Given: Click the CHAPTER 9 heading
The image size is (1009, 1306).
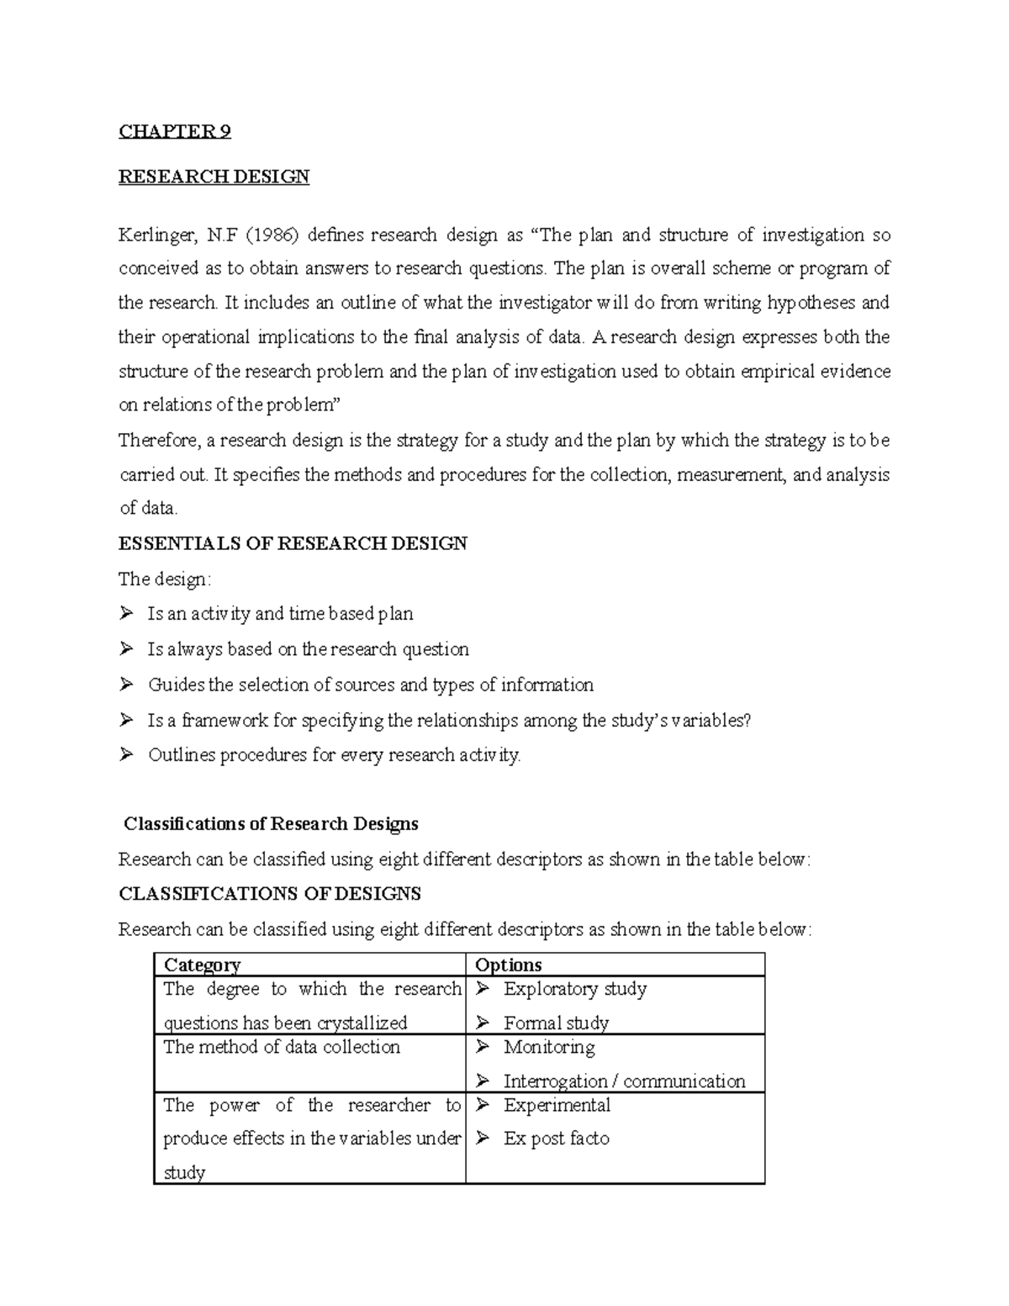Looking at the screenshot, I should click(x=174, y=131).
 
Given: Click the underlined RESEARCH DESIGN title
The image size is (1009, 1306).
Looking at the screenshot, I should click(x=214, y=177).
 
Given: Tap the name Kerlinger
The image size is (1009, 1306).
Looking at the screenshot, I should click(x=156, y=235).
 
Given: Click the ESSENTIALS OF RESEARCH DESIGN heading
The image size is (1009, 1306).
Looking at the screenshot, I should click(x=293, y=543).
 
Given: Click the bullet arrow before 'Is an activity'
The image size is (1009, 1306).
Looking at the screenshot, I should click(x=127, y=614).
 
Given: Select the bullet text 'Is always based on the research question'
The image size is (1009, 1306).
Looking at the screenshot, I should click(x=308, y=649).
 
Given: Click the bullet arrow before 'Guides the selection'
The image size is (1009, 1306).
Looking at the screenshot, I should click(x=127, y=685).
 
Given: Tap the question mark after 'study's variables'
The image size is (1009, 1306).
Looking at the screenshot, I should click(x=746, y=720).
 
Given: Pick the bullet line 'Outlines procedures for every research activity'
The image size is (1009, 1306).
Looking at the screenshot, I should click(x=334, y=755).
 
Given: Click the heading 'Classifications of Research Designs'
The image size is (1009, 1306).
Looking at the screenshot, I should click(x=271, y=823).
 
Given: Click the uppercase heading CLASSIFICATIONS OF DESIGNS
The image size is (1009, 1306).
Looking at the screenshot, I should click(x=270, y=893).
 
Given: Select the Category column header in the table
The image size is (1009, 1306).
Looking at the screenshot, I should click(x=202, y=965).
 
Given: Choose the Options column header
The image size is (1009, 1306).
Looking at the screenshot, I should click(x=508, y=965).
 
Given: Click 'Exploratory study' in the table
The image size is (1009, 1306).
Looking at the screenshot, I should click(x=575, y=989).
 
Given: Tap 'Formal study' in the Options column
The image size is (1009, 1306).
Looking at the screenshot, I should click(x=556, y=1023).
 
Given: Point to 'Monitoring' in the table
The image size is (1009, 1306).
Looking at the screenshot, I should click(x=549, y=1047).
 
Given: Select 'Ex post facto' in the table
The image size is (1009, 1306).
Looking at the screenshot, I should click(x=556, y=1139).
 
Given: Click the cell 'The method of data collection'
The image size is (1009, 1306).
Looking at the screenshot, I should click(x=282, y=1047).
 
